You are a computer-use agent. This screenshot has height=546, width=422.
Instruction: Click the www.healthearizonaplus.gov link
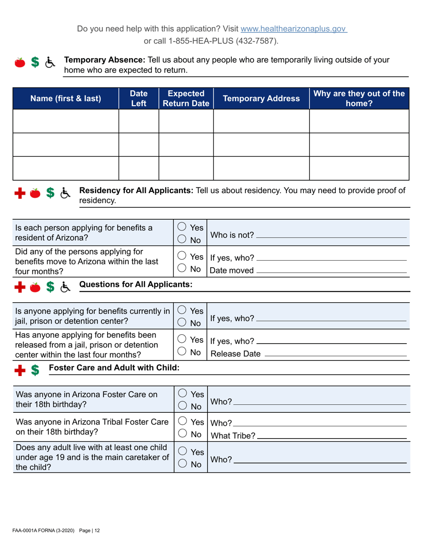pyautogui.click(x=293, y=29)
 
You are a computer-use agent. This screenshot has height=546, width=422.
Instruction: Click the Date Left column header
pyautogui.click(x=138, y=99)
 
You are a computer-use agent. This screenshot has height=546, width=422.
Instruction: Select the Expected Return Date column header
pyautogui.click(x=186, y=99)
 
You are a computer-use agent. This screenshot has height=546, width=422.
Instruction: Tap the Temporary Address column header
pyautogui.click(x=261, y=99)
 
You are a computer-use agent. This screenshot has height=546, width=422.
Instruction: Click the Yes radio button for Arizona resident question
pyautogui.click(x=181, y=226)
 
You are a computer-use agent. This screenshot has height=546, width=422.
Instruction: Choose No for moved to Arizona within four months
pyautogui.click(x=181, y=269)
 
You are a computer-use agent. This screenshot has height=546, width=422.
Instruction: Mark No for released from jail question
pyautogui.click(x=181, y=353)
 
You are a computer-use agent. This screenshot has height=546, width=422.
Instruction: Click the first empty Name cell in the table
pyautogui.click(x=66, y=121)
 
